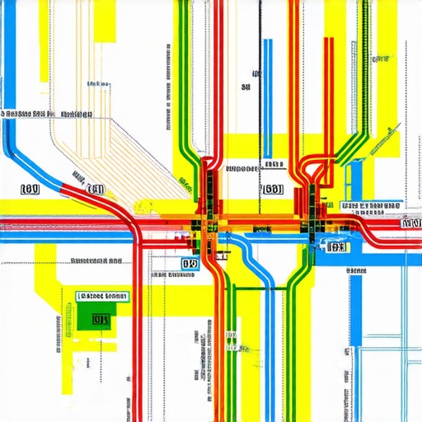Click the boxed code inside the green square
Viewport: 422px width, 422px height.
[x=101, y=318]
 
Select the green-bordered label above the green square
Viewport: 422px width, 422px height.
[x=102, y=296]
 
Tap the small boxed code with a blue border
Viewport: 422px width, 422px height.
[x=190, y=265]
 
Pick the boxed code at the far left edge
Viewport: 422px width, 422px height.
[x=30, y=190]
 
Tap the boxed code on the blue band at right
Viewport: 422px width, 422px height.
[x=335, y=246]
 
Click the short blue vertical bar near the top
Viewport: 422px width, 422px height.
[x=266, y=62]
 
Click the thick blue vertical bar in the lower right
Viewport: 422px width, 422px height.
[x=356, y=330]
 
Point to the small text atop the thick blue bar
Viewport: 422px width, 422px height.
[x=356, y=270]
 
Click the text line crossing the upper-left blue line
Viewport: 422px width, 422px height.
[x=48, y=115]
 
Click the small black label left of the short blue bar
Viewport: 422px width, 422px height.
[x=245, y=86]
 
